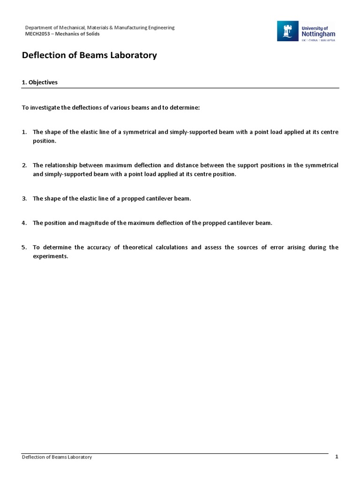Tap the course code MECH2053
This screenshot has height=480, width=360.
pos(37,34)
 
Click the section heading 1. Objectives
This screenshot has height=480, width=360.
pos(40,82)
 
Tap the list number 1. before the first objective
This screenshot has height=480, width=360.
pos(24,132)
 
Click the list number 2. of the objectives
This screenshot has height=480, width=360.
pos(24,165)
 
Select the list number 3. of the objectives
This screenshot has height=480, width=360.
pos(24,198)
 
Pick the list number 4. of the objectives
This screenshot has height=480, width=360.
pos(24,223)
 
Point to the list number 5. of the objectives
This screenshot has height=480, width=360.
pos(24,247)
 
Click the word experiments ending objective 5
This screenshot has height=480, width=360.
pos(50,256)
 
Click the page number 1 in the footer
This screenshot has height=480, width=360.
pos(337,457)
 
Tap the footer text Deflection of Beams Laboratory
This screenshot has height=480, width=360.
pos(57,457)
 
